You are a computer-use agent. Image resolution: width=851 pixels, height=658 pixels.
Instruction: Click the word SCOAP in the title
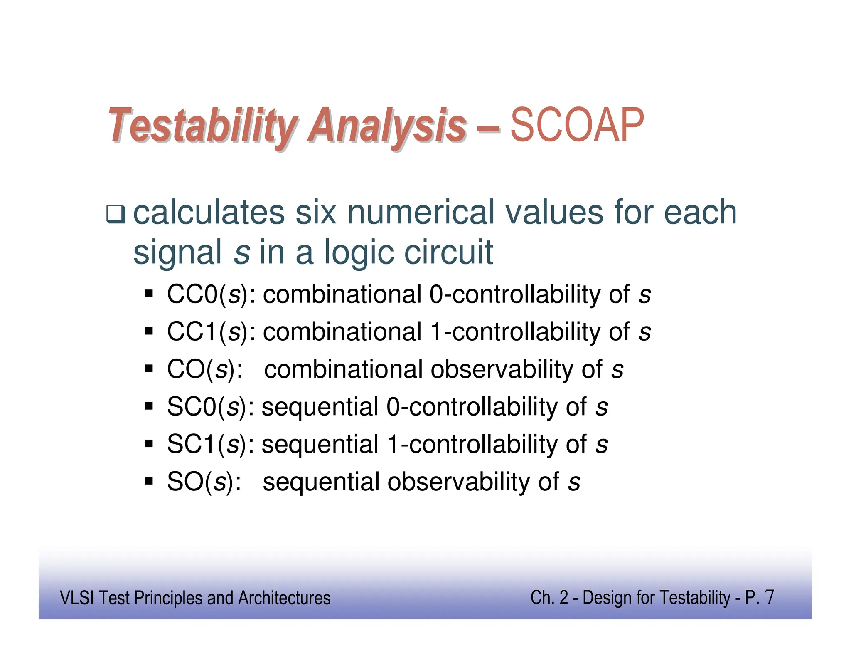(577, 125)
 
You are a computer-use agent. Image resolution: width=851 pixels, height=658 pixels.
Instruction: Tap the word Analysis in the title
(386, 126)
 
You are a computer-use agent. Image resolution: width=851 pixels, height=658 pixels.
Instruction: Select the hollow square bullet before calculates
(115, 214)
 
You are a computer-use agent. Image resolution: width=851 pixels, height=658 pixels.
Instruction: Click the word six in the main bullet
(315, 213)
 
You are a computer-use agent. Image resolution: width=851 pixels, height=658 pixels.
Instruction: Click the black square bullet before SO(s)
(149, 482)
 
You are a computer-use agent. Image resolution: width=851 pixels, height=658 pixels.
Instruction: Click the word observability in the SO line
(459, 482)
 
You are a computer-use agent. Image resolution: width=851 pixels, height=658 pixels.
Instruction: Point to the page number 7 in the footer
(769, 597)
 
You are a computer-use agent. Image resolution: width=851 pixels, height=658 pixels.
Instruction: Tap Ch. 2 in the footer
(549, 598)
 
